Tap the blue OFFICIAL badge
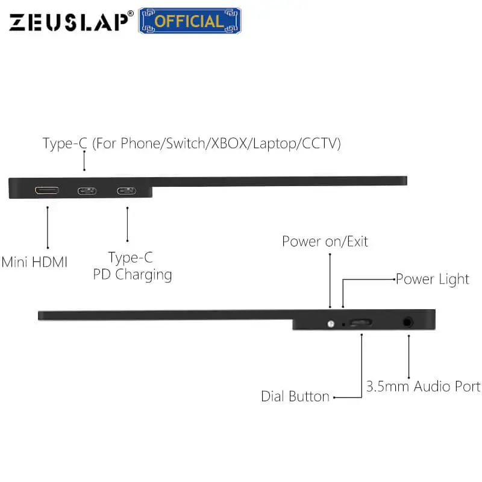click(x=190, y=21)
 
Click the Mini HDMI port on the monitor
click(x=47, y=191)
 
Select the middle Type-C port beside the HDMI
click(x=86, y=191)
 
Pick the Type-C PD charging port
click(x=127, y=191)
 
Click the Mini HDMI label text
click(x=34, y=262)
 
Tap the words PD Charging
click(x=132, y=275)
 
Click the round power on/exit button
click(x=330, y=324)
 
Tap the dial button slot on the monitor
click(x=360, y=323)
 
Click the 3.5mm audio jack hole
click(x=409, y=322)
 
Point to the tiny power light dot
click(x=344, y=324)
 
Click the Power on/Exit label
click(x=325, y=242)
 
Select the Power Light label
click(x=432, y=279)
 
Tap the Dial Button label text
click(x=295, y=396)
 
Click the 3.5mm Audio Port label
click(x=423, y=386)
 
